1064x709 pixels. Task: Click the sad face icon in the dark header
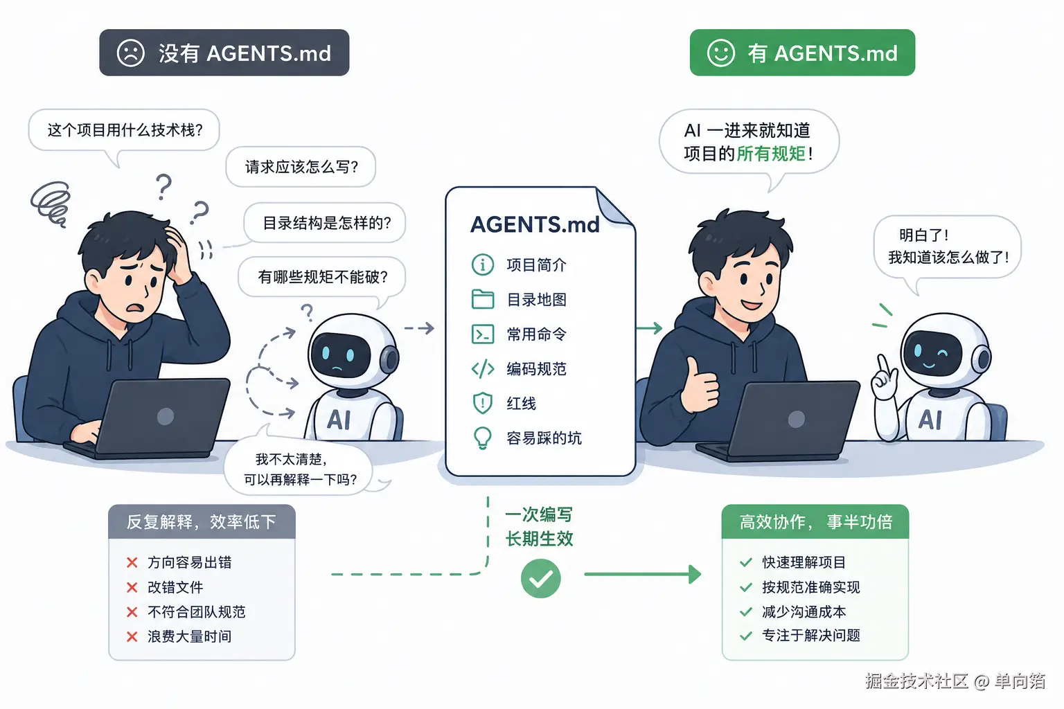pyautogui.click(x=131, y=53)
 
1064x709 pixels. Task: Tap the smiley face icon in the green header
pyautogui.click(x=720, y=53)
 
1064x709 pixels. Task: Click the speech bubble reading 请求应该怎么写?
pyautogui.click(x=301, y=167)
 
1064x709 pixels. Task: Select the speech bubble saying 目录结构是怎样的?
pyautogui.click(x=325, y=223)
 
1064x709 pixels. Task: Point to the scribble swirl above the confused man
pyautogui.click(x=51, y=204)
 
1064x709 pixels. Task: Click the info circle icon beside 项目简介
pyautogui.click(x=483, y=264)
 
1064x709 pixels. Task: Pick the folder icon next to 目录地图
pyautogui.click(x=483, y=299)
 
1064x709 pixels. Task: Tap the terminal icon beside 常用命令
pyautogui.click(x=483, y=334)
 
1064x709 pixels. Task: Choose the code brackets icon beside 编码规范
pyautogui.click(x=483, y=368)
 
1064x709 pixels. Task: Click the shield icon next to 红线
pyautogui.click(x=483, y=403)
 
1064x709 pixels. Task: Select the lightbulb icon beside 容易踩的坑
pyautogui.click(x=483, y=438)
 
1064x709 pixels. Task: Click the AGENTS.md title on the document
pyautogui.click(x=535, y=224)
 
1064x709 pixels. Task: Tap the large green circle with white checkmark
pyautogui.click(x=540, y=578)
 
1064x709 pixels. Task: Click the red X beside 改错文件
pyautogui.click(x=132, y=587)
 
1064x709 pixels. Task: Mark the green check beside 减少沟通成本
pyautogui.click(x=746, y=611)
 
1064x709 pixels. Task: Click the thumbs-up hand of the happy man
pyautogui.click(x=698, y=385)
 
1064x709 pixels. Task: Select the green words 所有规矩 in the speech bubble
pyautogui.click(x=771, y=154)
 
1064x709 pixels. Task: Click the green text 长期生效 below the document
pyautogui.click(x=539, y=539)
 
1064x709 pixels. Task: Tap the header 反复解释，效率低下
pyautogui.click(x=202, y=522)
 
